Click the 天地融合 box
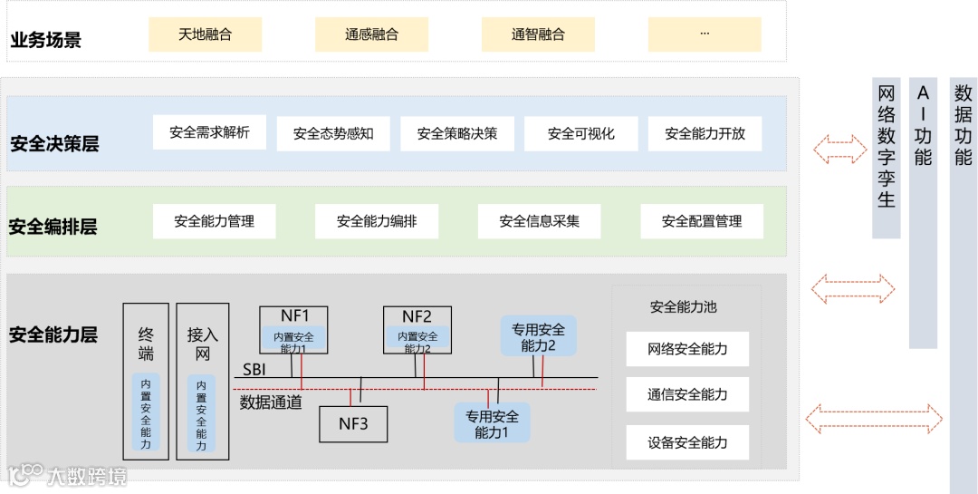205,34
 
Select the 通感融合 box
371,34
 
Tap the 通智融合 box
538,34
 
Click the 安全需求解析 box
209,132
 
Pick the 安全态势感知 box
333,133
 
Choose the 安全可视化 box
580,133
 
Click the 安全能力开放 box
705,133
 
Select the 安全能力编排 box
377,221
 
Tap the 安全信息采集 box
539,221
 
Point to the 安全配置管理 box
702,221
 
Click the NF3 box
353,423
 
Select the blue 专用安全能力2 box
538,336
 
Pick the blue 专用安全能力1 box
493,423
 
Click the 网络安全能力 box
687,349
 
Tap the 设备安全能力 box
687,442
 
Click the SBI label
254,370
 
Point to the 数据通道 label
271,402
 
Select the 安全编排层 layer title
53,227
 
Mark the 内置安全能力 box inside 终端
146,412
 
